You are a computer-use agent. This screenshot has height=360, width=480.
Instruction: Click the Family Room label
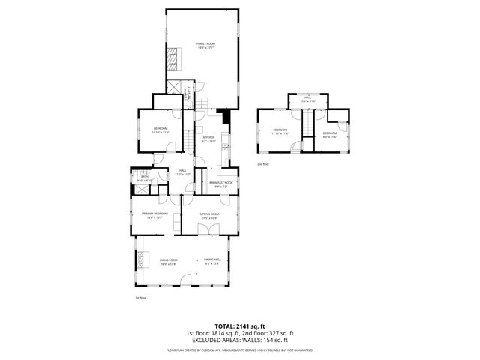(205, 46)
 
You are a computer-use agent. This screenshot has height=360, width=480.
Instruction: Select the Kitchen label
(209, 139)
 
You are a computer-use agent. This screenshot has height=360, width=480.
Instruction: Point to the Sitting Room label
(209, 216)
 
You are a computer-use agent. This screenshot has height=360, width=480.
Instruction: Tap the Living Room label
(167, 262)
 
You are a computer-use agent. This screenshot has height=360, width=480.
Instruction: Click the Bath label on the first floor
(144, 180)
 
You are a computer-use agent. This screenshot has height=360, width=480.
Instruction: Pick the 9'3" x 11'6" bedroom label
(331, 135)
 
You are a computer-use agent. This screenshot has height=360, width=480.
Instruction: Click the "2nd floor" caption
(262, 164)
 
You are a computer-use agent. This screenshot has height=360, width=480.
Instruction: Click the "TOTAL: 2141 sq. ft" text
(239, 325)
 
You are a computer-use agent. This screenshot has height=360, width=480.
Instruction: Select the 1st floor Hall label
(183, 172)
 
